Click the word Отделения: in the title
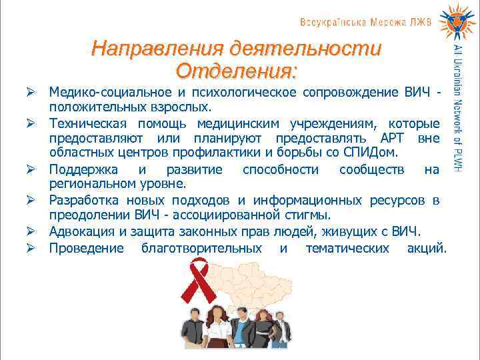click(x=237, y=69)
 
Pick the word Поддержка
click(x=83, y=169)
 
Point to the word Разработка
click(x=84, y=201)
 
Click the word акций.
click(x=427, y=248)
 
